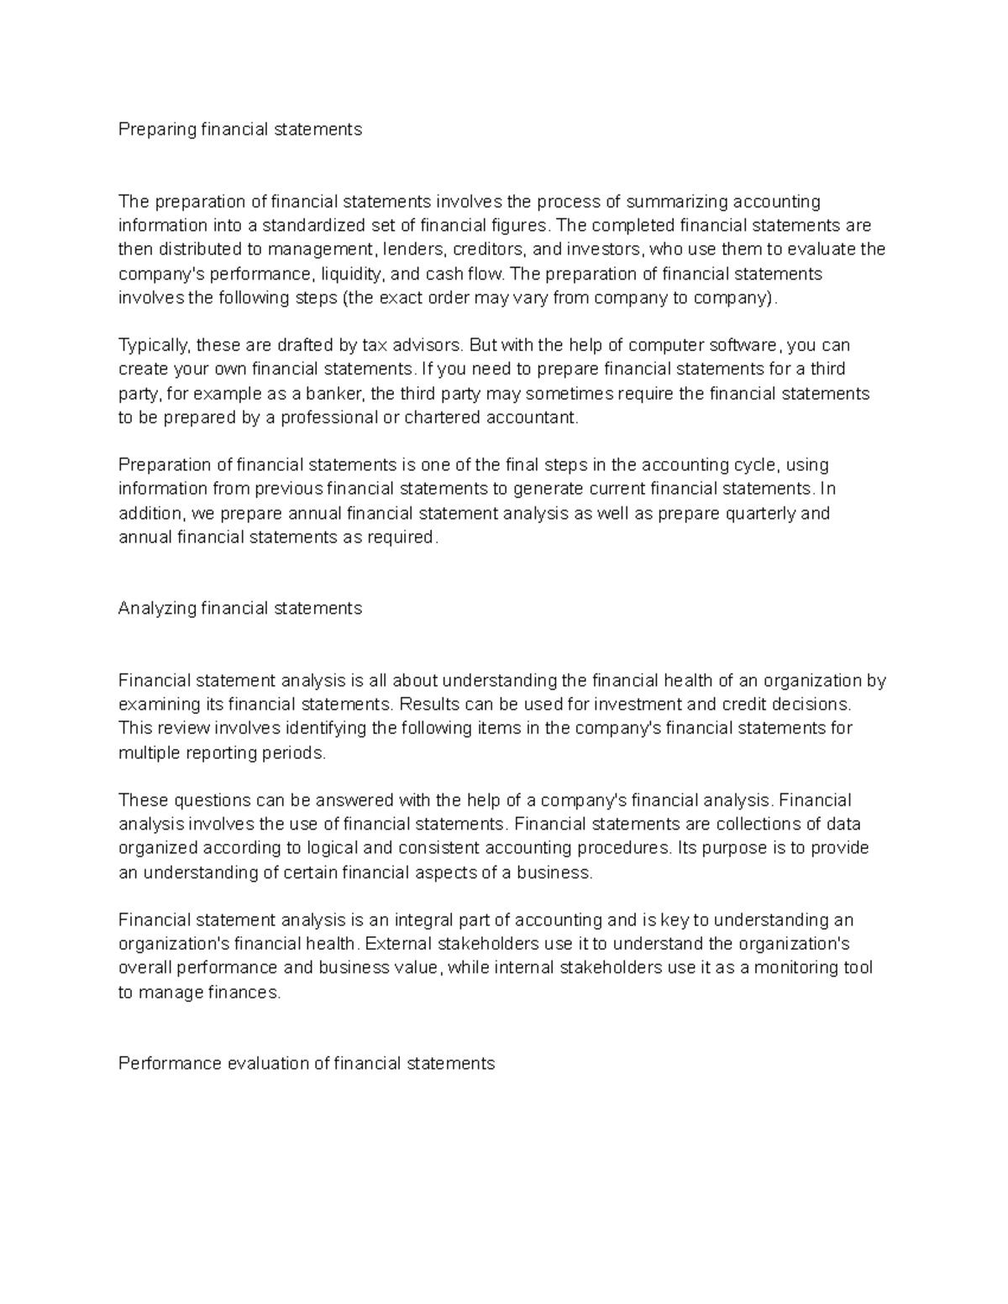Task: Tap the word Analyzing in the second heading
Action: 157,608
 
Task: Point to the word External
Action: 398,944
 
